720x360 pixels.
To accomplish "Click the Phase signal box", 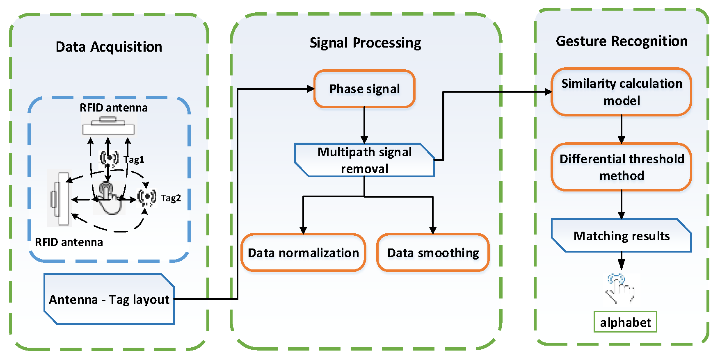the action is coord(364,89).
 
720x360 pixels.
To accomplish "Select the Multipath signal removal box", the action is coord(364,160).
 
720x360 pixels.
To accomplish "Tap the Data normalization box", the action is coord(303,253).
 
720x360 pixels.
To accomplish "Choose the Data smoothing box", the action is coord(433,253).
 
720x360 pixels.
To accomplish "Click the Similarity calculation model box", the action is coord(622,92).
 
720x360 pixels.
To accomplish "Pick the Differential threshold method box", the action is coord(622,167).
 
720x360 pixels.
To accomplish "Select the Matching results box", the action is coord(622,236).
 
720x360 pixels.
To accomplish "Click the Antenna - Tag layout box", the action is coord(109,299).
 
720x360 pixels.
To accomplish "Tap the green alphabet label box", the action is coord(625,322).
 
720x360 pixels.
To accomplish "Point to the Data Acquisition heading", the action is coord(109,47).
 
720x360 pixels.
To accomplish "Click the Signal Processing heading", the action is coord(365,43).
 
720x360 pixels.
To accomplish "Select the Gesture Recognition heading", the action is coord(622,41).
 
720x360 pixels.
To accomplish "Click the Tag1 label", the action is coord(134,159).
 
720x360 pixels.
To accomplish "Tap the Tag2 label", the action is coord(171,198).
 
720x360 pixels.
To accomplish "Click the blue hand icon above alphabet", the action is coord(620,289).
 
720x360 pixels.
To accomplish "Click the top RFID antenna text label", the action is coord(114,108).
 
